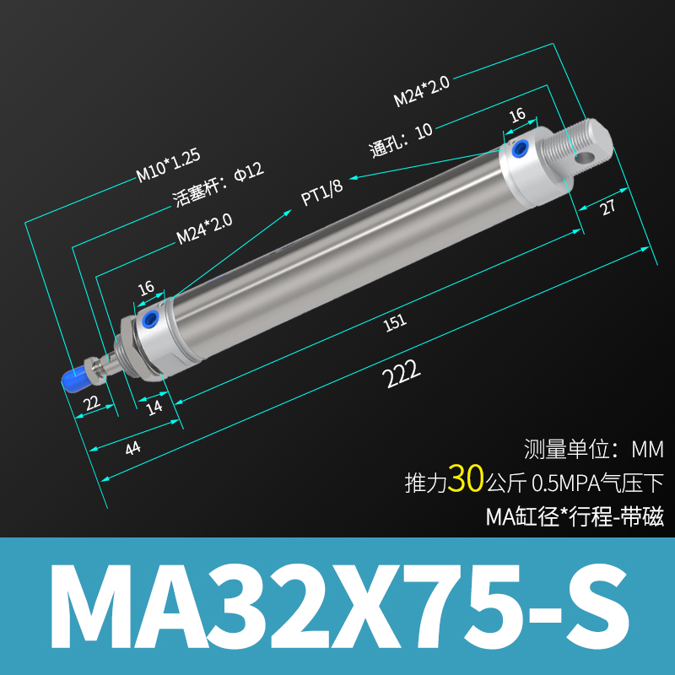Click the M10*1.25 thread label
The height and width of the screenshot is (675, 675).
coord(168,165)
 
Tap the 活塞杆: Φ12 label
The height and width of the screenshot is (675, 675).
coord(218,182)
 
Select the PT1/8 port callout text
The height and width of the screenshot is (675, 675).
coord(322,193)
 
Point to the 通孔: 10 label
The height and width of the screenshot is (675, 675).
coord(402,139)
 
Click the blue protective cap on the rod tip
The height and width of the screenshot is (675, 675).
coord(72,376)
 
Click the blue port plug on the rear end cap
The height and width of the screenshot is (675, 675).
coord(520,151)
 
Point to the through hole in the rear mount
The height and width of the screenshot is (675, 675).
coord(584,155)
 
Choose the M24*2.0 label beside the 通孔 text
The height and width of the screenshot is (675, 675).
coord(421,92)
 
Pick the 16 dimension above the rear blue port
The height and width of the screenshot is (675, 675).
coord(517,114)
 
